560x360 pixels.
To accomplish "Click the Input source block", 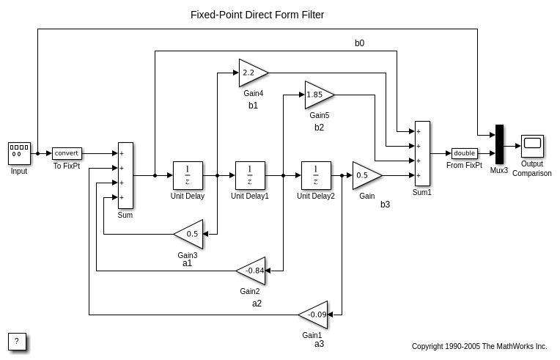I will point(19,153).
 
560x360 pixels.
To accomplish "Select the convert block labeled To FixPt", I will point(67,153).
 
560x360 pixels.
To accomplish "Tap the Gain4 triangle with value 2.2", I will point(251,73).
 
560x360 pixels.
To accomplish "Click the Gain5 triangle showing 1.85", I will point(317,95).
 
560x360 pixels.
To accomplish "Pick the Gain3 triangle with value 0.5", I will point(190,234).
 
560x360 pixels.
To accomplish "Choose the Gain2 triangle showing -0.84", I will point(252,271).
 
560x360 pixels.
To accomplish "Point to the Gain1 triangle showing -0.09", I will point(314,315).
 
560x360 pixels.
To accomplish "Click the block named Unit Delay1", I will point(250,175).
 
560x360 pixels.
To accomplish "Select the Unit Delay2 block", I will point(316,175).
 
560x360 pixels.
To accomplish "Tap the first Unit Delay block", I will point(188,175).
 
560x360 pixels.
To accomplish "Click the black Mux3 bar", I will point(499,144).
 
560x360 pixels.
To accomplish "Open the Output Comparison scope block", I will point(532,146).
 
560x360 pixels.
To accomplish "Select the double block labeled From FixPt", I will point(464,153).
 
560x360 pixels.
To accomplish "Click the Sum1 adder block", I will point(422,153).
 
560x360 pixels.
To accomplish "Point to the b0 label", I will point(359,43).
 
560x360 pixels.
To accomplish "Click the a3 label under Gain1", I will point(319,343).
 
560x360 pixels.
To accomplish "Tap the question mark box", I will point(18,342).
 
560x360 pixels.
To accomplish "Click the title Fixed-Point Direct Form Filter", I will point(257,15).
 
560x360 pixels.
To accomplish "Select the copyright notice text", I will point(479,346).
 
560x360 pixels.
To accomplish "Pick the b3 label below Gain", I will point(385,205).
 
